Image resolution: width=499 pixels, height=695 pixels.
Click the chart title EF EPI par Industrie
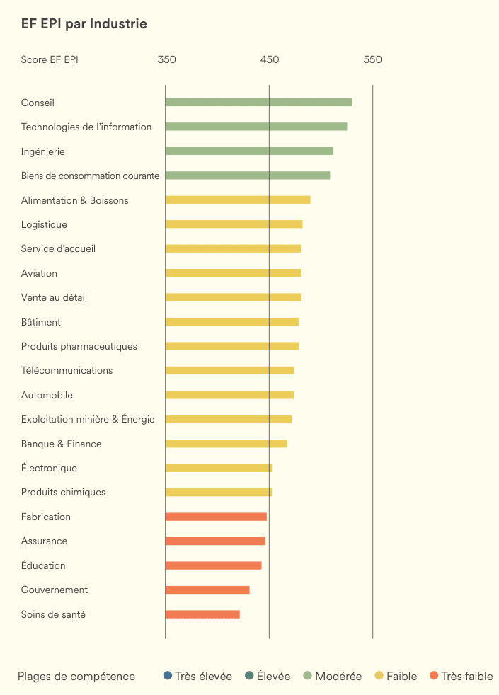tap(84, 24)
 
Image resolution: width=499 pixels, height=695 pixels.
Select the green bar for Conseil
tap(258, 102)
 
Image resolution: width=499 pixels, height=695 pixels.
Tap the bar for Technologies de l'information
tap(256, 127)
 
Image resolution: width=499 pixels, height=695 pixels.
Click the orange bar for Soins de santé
tap(202, 614)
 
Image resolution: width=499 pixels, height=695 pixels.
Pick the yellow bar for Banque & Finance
tap(226, 444)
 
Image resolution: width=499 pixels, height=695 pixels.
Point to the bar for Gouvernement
tap(207, 590)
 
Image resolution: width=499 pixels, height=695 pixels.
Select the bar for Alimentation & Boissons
tap(238, 200)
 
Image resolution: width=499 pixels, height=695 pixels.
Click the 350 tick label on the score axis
tap(166, 59)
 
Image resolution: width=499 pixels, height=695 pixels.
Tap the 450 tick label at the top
tap(270, 59)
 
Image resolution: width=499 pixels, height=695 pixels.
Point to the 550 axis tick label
tap(372, 59)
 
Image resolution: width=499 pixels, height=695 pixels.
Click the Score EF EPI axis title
tap(50, 59)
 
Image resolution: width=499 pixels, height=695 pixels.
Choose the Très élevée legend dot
tap(167, 676)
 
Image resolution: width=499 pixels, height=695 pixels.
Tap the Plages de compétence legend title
tap(76, 677)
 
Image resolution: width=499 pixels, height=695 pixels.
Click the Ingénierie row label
tap(43, 151)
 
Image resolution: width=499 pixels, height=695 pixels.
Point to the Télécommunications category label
tap(67, 370)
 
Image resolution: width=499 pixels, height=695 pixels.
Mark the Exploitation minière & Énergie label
tap(88, 419)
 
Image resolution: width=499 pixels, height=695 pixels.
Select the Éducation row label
tap(43, 565)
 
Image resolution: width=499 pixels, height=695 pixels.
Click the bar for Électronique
tap(219, 468)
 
